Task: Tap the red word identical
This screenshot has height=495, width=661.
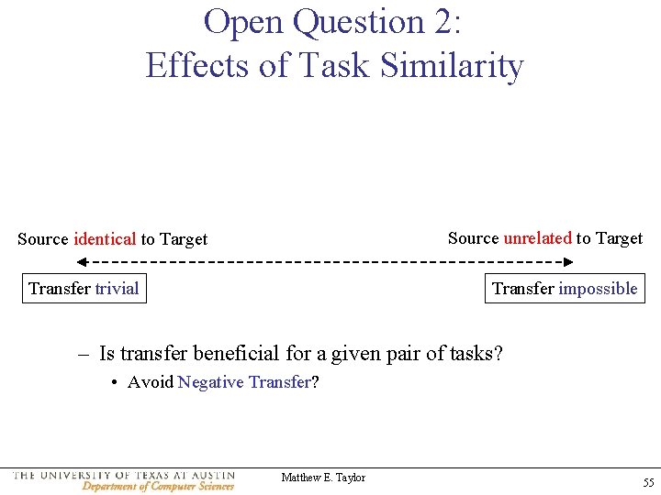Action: coord(105,239)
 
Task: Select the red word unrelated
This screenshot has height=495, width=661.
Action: coord(537,238)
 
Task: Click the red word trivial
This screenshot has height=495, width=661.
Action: coord(117,289)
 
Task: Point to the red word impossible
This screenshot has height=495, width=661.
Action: coord(598,289)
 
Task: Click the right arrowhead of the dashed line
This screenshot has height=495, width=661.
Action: coord(568,262)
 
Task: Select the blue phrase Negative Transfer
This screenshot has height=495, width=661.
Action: coord(244,382)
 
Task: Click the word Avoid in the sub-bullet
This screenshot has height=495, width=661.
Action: coord(151,382)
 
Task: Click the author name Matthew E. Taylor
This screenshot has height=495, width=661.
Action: coord(323,478)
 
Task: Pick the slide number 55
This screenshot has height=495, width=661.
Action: coord(648,482)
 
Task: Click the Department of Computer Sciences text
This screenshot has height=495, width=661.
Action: coord(158,487)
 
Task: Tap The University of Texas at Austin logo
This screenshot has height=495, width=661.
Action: coord(124,476)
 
